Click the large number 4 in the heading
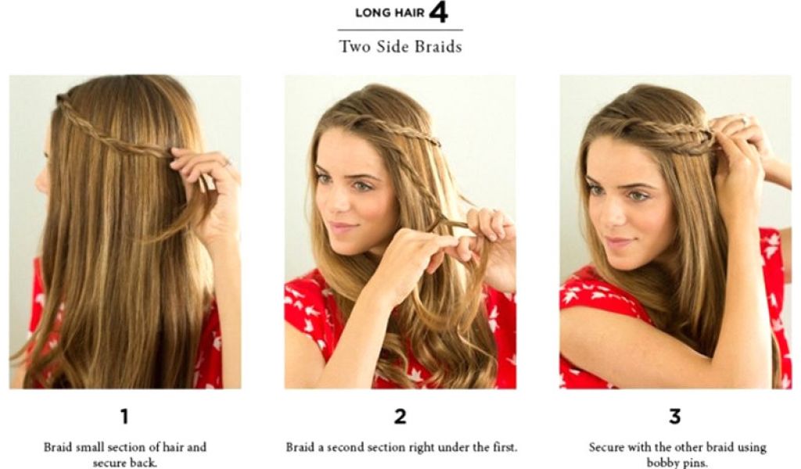click(x=438, y=13)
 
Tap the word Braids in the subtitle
click(x=438, y=47)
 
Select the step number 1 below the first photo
click(x=124, y=417)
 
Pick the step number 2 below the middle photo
click(x=400, y=417)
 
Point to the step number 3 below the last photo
click(x=675, y=417)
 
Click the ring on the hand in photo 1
click(x=227, y=163)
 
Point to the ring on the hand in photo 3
click(x=746, y=120)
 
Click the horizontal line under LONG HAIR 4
click(x=400, y=30)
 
